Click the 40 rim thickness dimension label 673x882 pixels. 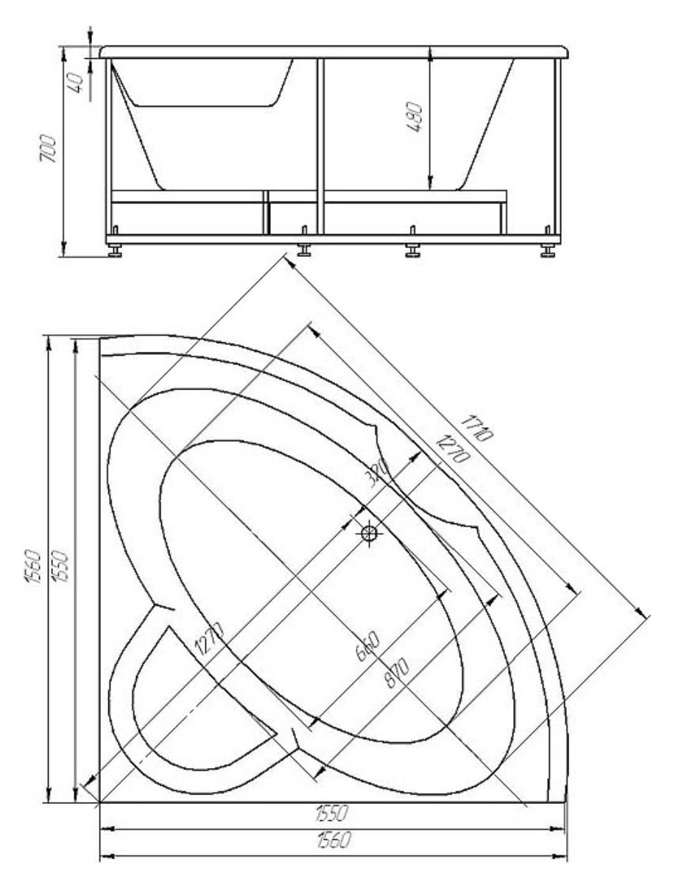[x=76, y=82]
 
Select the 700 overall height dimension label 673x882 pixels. [x=49, y=149]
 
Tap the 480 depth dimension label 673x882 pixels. [x=414, y=117]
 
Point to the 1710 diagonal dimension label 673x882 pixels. [x=476, y=428]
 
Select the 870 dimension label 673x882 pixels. [x=397, y=673]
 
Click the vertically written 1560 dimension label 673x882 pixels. [x=33, y=568]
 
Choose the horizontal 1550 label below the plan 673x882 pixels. [x=332, y=813]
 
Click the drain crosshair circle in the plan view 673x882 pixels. [x=369, y=532]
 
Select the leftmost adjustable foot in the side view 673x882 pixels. [x=116, y=250]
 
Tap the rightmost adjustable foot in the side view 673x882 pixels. [x=548, y=250]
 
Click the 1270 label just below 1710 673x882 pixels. [x=452, y=449]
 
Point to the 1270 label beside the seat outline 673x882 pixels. [x=209, y=638]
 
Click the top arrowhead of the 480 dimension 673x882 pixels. [x=429, y=54]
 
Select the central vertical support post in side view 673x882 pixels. [x=321, y=146]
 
